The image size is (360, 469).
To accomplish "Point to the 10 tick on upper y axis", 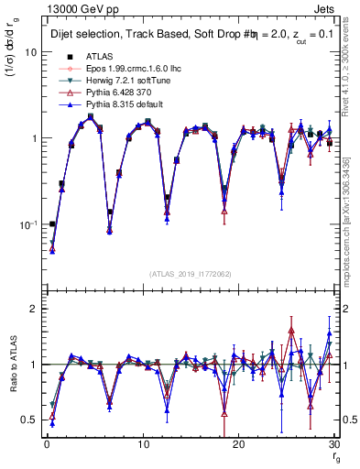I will point(32,52).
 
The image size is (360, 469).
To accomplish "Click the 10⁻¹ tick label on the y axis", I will point(29,224).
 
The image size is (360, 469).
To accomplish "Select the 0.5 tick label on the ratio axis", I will point(30,420).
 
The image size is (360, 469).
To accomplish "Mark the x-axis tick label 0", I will point(47,444).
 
